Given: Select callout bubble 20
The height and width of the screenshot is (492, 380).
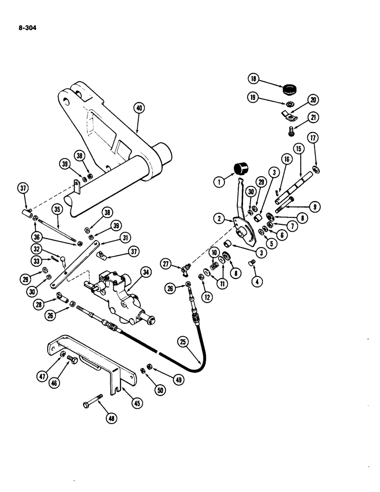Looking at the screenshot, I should coord(312,100).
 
